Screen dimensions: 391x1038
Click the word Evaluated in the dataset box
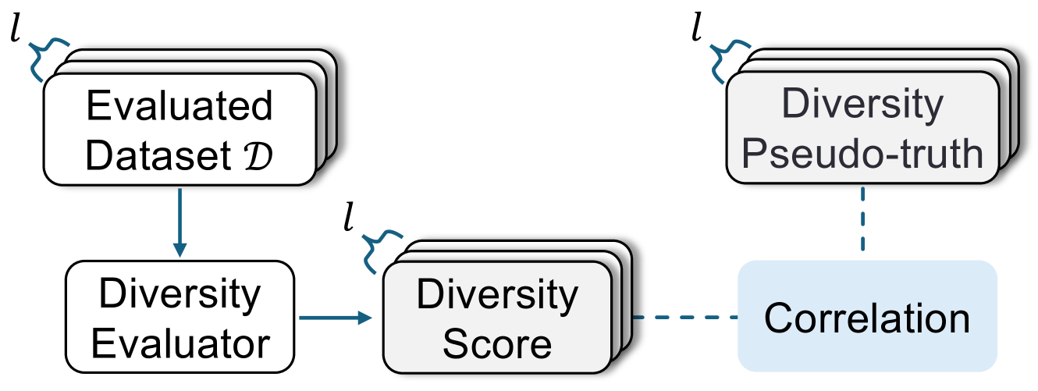[x=180, y=107]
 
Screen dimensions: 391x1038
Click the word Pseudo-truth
[x=862, y=154]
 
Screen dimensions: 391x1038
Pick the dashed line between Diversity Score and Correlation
[x=685, y=318]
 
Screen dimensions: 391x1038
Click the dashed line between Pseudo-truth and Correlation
[x=862, y=221]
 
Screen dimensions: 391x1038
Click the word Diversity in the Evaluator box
[x=180, y=294]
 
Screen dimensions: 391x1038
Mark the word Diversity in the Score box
[x=496, y=294]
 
